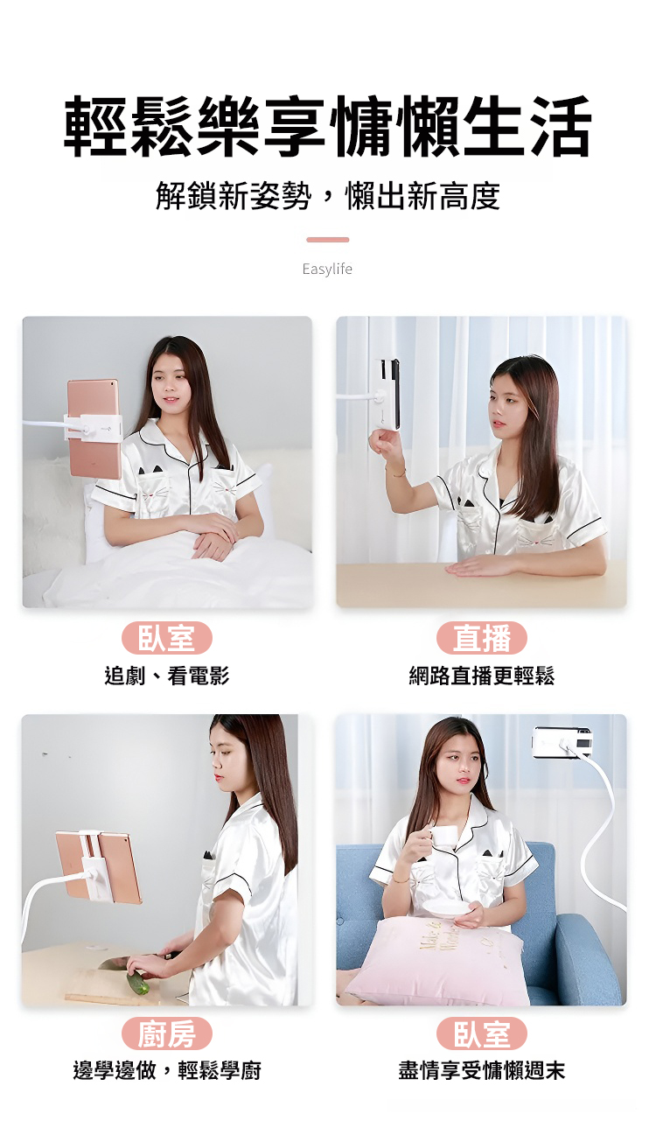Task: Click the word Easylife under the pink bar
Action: [x=327, y=269]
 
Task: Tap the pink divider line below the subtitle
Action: [x=328, y=240]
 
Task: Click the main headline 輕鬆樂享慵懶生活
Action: [x=328, y=126]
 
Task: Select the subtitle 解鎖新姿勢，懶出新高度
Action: [x=328, y=196]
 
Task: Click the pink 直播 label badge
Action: [x=482, y=638]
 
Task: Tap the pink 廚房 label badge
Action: [x=167, y=1033]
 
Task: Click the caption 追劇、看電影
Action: [x=167, y=676]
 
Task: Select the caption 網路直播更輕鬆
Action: [x=482, y=676]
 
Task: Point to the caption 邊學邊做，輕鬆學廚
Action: [x=167, y=1071]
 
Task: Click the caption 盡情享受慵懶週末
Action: [x=482, y=1071]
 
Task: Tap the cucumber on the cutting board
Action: [x=138, y=982]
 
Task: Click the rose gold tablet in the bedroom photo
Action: [x=95, y=428]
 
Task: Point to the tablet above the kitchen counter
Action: [x=99, y=867]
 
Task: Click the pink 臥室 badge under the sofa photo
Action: [x=482, y=1033]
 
